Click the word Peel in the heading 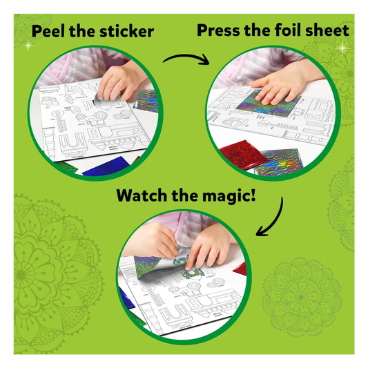(x=48, y=31)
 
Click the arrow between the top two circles (x=186, y=58)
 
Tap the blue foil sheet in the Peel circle (x=106, y=167)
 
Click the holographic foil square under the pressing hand (x=268, y=104)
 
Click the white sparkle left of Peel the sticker (x=28, y=46)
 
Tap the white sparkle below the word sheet (x=343, y=48)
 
